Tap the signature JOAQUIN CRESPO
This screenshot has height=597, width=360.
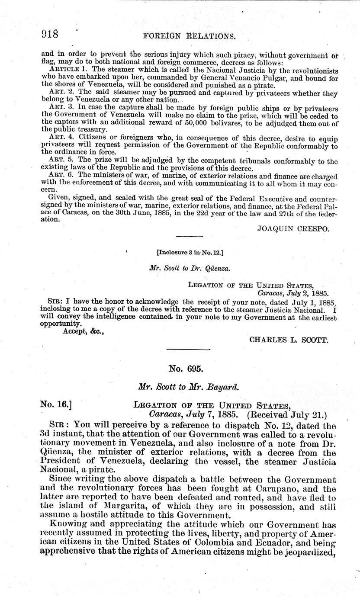click(293, 230)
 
